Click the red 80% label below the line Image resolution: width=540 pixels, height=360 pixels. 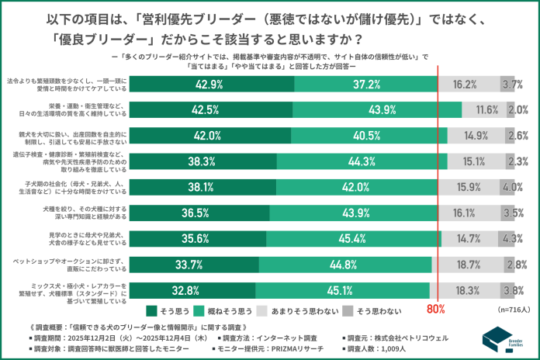[435, 309]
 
